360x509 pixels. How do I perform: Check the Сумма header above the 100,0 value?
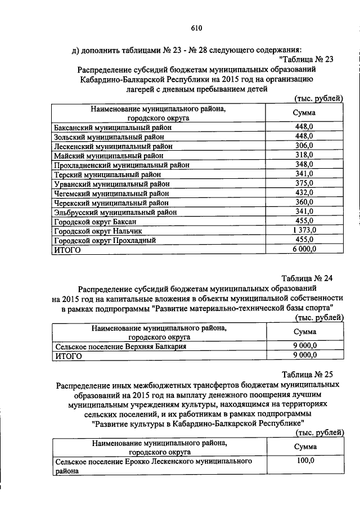[304, 447]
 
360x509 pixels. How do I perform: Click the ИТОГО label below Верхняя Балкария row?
[67, 356]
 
